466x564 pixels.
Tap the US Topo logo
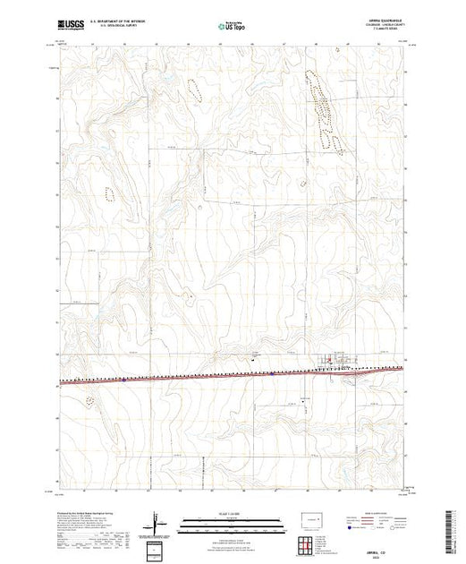tap(232, 26)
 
